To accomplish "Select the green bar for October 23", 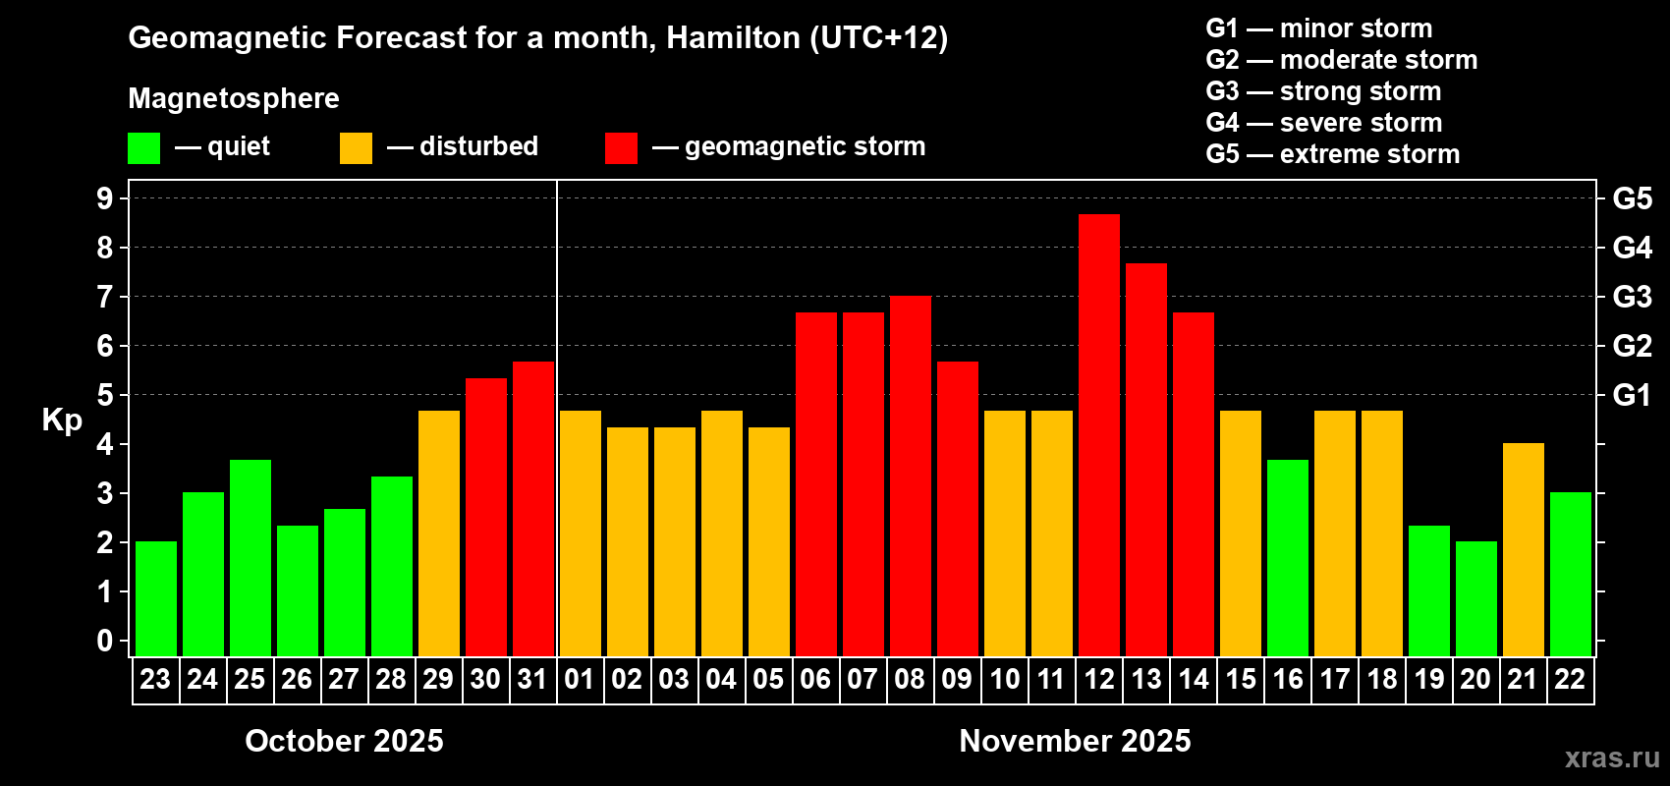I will (x=156, y=598).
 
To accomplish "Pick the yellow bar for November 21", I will (x=1523, y=549).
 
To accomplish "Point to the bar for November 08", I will (x=910, y=477).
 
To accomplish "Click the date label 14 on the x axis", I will (x=1193, y=680).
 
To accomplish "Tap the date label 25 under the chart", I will (x=250, y=680).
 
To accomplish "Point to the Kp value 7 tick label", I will (x=105, y=297).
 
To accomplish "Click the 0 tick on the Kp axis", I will (x=105, y=641).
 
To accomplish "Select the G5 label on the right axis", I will (x=1632, y=198).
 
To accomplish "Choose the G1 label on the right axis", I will (x=1632, y=395).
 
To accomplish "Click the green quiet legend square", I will (x=144, y=148).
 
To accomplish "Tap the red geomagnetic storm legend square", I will (x=621, y=148).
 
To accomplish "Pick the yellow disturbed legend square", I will (x=356, y=148).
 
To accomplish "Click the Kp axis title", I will (x=62, y=421).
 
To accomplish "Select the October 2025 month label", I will (x=344, y=741).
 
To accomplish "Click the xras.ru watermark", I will (x=1611, y=758).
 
